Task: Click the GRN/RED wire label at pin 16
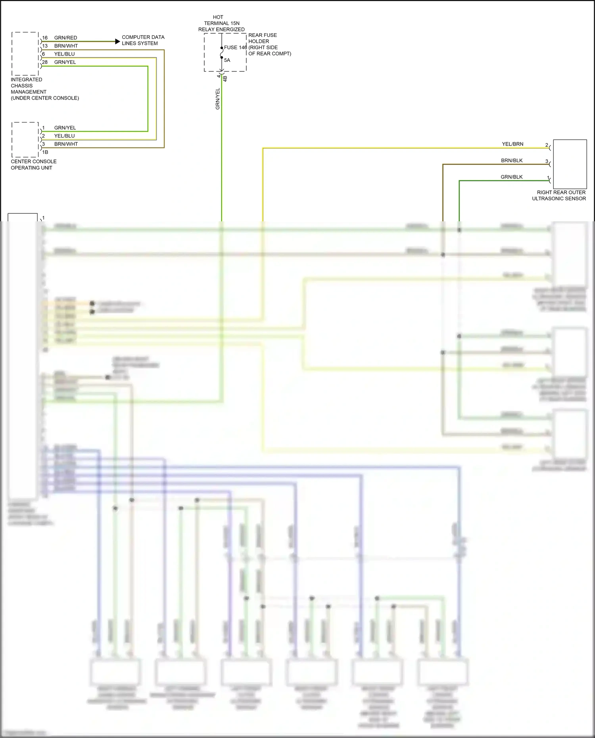[65, 38]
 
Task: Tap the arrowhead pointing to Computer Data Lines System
[117, 41]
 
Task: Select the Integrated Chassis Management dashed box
[25, 54]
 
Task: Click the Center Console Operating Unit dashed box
[25, 140]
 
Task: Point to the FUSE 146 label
[235, 47]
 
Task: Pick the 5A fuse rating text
[227, 60]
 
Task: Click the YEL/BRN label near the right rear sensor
[512, 144]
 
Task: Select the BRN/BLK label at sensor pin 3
[512, 161]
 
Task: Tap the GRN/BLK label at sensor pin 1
[511, 177]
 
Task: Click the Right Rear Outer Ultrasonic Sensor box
[570, 164]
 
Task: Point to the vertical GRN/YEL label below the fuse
[217, 99]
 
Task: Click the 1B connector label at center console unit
[45, 152]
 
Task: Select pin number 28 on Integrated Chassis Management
[45, 62]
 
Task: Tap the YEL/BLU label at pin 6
[64, 54]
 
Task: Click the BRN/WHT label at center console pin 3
[66, 144]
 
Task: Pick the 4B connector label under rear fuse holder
[225, 79]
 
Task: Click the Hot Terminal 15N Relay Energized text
[221, 23]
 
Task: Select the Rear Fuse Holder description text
[269, 44]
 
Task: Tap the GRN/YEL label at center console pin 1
[65, 128]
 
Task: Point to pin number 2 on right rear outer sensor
[546, 145]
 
